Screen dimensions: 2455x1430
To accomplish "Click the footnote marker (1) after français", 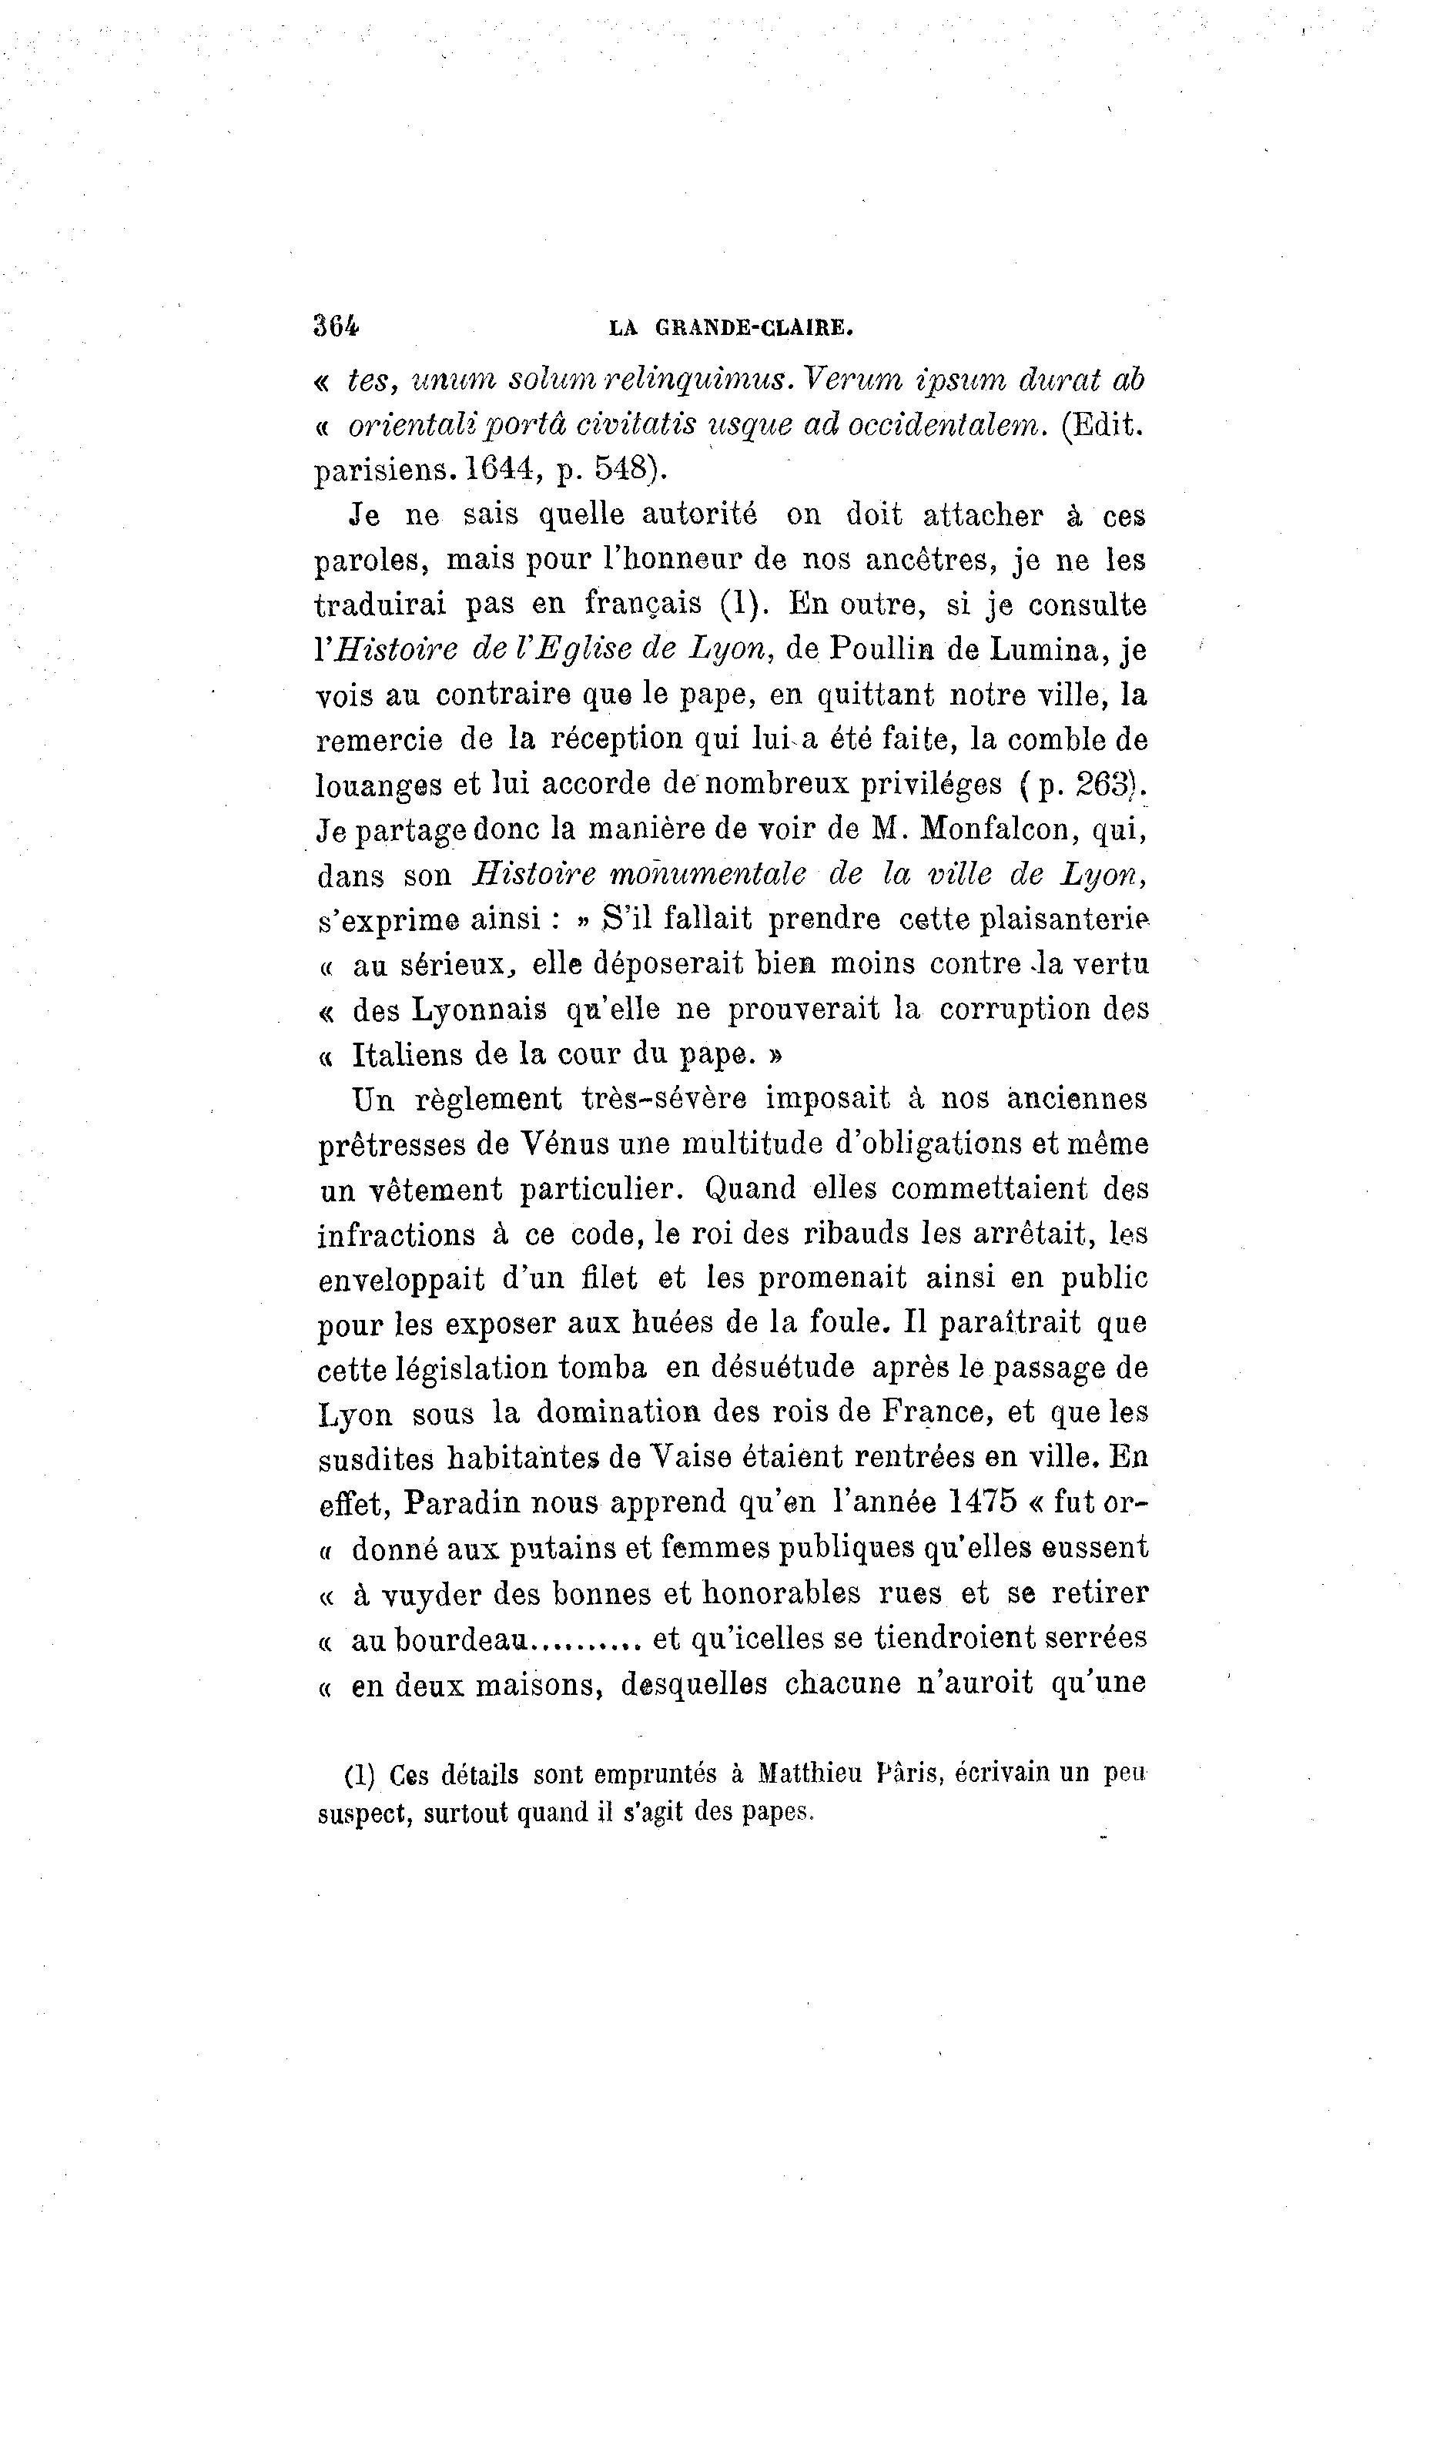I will (x=743, y=605).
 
